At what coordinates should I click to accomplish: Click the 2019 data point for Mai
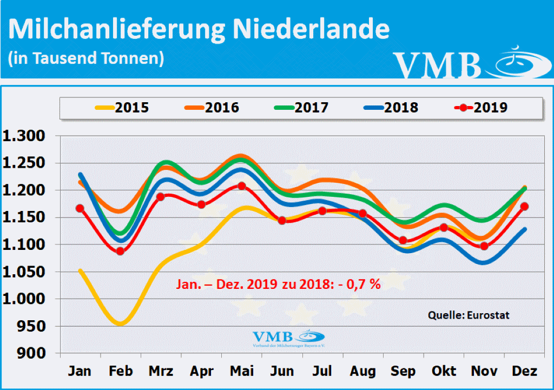coord(241,186)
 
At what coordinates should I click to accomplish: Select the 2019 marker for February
coord(120,251)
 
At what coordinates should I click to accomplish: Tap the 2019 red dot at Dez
coord(524,207)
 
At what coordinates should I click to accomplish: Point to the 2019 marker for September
coord(403,240)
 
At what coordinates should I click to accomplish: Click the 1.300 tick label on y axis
coord(27,136)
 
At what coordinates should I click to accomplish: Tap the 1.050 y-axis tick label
coord(27,272)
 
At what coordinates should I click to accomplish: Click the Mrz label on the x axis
coord(161,371)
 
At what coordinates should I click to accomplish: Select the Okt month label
coord(443,371)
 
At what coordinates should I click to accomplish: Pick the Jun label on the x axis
coord(282,371)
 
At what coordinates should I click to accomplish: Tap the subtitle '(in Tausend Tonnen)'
coord(85,58)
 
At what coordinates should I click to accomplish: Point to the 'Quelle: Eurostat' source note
coord(469,315)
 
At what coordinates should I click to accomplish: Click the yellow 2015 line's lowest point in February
coord(120,324)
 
